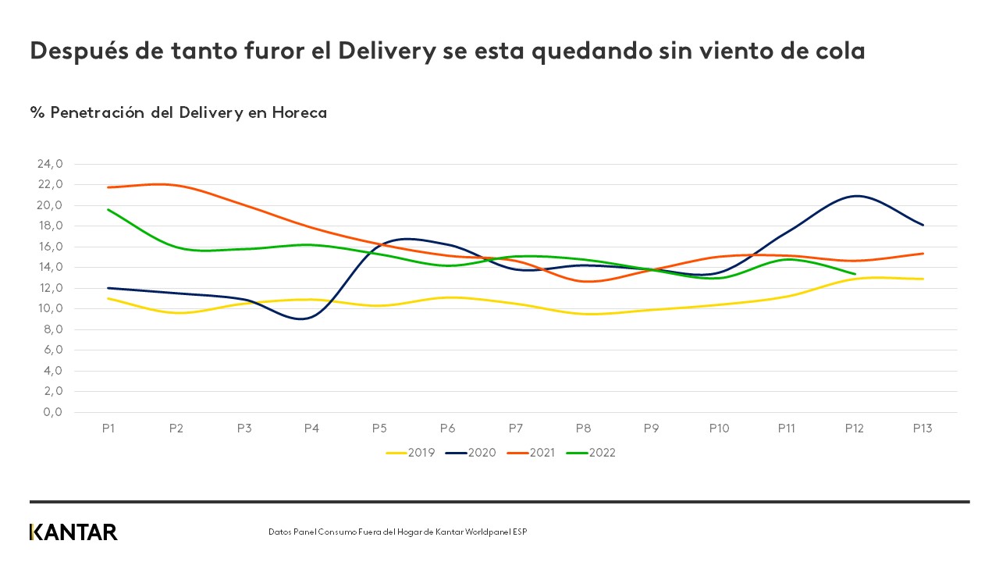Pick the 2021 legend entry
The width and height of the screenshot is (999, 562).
pyautogui.click(x=542, y=452)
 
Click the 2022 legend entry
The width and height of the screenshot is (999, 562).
pyautogui.click(x=602, y=452)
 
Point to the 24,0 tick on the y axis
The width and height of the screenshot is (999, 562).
pyautogui.click(x=49, y=164)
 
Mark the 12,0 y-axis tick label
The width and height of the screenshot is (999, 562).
pyautogui.click(x=49, y=288)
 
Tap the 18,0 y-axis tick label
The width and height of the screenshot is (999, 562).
pyautogui.click(x=49, y=226)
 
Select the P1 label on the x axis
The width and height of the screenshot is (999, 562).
pyautogui.click(x=108, y=429)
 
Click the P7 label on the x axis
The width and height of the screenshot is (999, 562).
pyautogui.click(x=516, y=429)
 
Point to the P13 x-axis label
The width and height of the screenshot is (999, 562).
pyautogui.click(x=923, y=429)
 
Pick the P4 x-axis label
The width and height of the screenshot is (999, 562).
pyautogui.click(x=311, y=429)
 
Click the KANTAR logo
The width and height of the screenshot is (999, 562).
pyautogui.click(x=73, y=532)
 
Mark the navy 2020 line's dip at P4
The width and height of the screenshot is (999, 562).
pyautogui.click(x=304, y=318)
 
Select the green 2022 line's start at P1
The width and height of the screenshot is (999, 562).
pyautogui.click(x=108, y=209)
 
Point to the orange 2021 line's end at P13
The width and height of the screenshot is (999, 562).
pyautogui.click(x=923, y=254)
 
